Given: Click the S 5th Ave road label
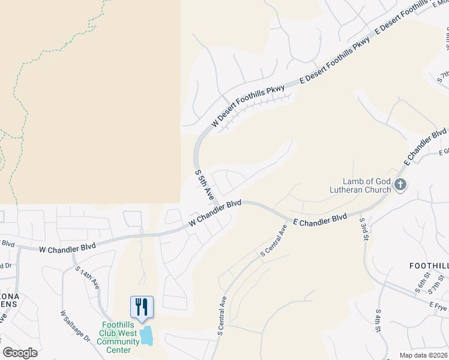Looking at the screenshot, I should [204, 185].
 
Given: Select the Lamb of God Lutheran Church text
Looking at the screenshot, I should [366, 185].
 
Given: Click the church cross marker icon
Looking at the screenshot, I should [401, 185].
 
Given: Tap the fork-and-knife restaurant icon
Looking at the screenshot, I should [142, 307].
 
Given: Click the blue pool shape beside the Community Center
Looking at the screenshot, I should [146, 335].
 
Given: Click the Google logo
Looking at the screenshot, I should [20, 353].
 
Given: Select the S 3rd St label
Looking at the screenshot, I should [363, 230].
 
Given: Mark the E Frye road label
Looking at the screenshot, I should [438, 307].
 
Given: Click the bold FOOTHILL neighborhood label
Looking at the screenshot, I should [429, 265].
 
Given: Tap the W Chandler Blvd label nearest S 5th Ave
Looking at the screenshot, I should [214, 214].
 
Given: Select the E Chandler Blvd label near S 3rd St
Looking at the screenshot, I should [320, 220].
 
